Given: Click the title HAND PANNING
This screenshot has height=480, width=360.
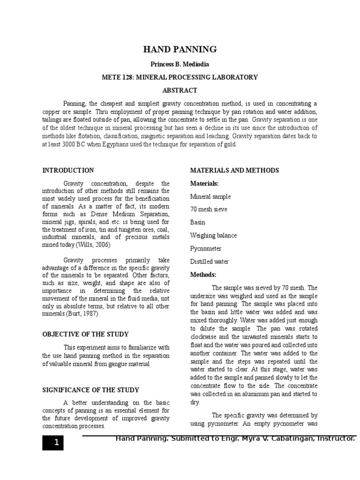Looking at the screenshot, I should pyautogui.click(x=180, y=49).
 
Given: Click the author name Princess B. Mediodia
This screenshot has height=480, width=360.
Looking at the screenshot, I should pyautogui.click(x=180, y=64).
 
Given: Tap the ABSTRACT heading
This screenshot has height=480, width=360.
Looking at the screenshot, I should pyautogui.click(x=180, y=90).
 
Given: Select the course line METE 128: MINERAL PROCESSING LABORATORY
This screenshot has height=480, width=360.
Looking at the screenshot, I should pyautogui.click(x=180, y=77).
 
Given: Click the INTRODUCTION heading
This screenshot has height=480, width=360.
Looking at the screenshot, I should pyautogui.click(x=68, y=170).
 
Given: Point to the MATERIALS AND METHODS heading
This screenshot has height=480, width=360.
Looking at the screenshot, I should pyautogui.click(x=234, y=170).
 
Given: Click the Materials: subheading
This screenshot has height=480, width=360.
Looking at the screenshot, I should pyautogui.click(x=204, y=183).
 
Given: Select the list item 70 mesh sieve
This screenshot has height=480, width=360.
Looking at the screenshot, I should pyautogui.click(x=209, y=210).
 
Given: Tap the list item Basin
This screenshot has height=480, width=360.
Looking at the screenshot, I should pyautogui.click(x=198, y=222).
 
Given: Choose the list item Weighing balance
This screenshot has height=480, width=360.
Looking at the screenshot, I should pyautogui.click(x=213, y=235).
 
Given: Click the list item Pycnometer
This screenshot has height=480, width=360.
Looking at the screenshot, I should pyautogui.click(x=206, y=248).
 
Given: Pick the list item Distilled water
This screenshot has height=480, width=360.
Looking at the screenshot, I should pyautogui.click(x=209, y=262).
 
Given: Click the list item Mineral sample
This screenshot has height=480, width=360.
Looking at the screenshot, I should pyautogui.click(x=210, y=196).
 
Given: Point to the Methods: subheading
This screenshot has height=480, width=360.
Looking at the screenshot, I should pyautogui.click(x=203, y=274).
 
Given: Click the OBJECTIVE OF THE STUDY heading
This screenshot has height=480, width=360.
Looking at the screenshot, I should pyautogui.click(x=85, y=334).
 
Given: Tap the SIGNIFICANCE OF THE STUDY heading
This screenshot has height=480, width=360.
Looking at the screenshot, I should pyautogui.click(x=90, y=390).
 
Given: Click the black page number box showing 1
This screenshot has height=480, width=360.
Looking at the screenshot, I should pyautogui.click(x=52, y=442).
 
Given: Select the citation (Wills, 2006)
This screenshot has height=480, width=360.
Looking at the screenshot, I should pyautogui.click(x=98, y=245).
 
